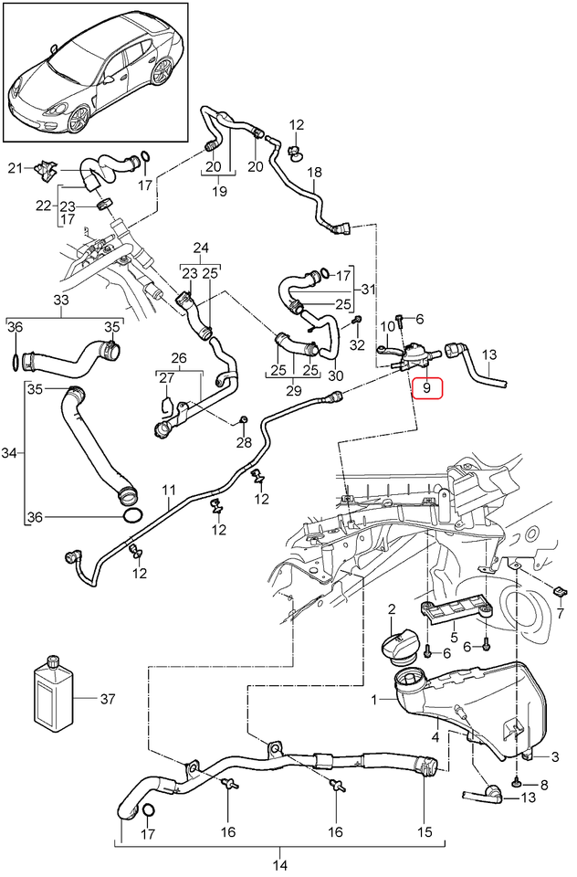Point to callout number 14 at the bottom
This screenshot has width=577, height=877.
(279, 864)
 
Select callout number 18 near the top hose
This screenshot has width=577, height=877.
(315, 172)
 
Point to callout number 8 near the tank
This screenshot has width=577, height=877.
(545, 784)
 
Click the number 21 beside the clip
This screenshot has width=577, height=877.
(14, 167)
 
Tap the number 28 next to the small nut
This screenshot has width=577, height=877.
(243, 443)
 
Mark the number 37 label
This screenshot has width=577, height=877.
(109, 700)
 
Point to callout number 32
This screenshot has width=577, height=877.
(357, 344)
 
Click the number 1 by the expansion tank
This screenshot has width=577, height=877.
(373, 701)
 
